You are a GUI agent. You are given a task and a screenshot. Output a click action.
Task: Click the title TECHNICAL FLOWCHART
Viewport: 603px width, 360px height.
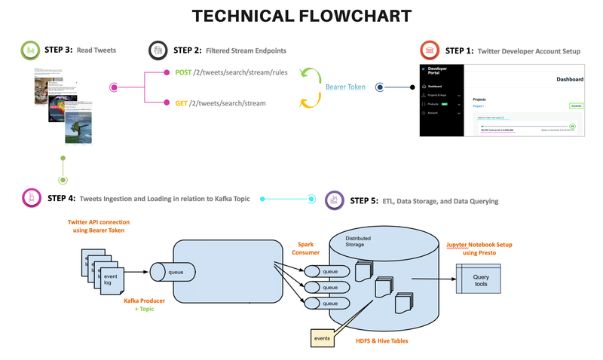tap(301, 16)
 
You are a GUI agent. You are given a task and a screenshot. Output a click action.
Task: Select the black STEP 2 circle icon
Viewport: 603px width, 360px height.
tap(158, 50)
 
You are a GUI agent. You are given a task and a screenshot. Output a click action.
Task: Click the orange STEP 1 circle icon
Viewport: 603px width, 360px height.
tap(430, 50)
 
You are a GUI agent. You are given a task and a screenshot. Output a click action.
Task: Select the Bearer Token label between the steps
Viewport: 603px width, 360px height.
tap(345, 87)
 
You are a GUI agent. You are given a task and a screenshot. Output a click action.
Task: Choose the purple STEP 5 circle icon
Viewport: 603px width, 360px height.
tap(335, 201)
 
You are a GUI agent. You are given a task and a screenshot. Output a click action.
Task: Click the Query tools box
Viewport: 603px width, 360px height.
tap(480, 281)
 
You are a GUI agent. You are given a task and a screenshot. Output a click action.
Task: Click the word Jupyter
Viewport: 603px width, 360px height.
tap(452, 245)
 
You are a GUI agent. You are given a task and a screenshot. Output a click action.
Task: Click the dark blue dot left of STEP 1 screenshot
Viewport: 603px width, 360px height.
tap(380, 87)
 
